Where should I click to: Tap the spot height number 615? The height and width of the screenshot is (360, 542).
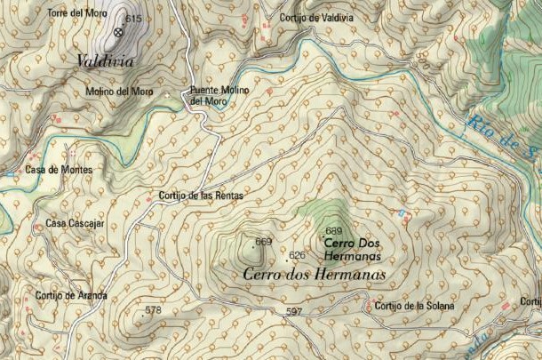[x=134, y=19]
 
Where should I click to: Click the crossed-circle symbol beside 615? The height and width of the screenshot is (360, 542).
[x=118, y=32]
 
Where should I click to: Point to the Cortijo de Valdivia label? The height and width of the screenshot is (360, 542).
[x=316, y=17]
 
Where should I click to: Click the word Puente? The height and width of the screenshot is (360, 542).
[x=206, y=91]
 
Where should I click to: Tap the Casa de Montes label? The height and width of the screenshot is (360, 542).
[x=58, y=170]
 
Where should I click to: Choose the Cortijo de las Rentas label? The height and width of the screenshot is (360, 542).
[x=200, y=195]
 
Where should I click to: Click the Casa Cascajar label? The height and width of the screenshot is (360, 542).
[x=75, y=223]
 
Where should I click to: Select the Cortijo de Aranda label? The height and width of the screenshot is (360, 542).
[x=71, y=295]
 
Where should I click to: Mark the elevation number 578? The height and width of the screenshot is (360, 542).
[x=154, y=310]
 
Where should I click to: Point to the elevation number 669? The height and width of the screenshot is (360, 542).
[x=263, y=242]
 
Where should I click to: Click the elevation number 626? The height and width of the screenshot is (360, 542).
[x=298, y=255]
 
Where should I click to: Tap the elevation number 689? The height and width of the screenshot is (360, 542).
[x=334, y=231]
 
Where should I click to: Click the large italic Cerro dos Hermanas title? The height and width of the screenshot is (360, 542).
[x=314, y=276]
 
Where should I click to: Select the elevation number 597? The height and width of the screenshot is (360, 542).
[x=295, y=311]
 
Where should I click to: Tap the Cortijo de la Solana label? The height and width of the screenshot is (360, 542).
[x=414, y=306]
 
